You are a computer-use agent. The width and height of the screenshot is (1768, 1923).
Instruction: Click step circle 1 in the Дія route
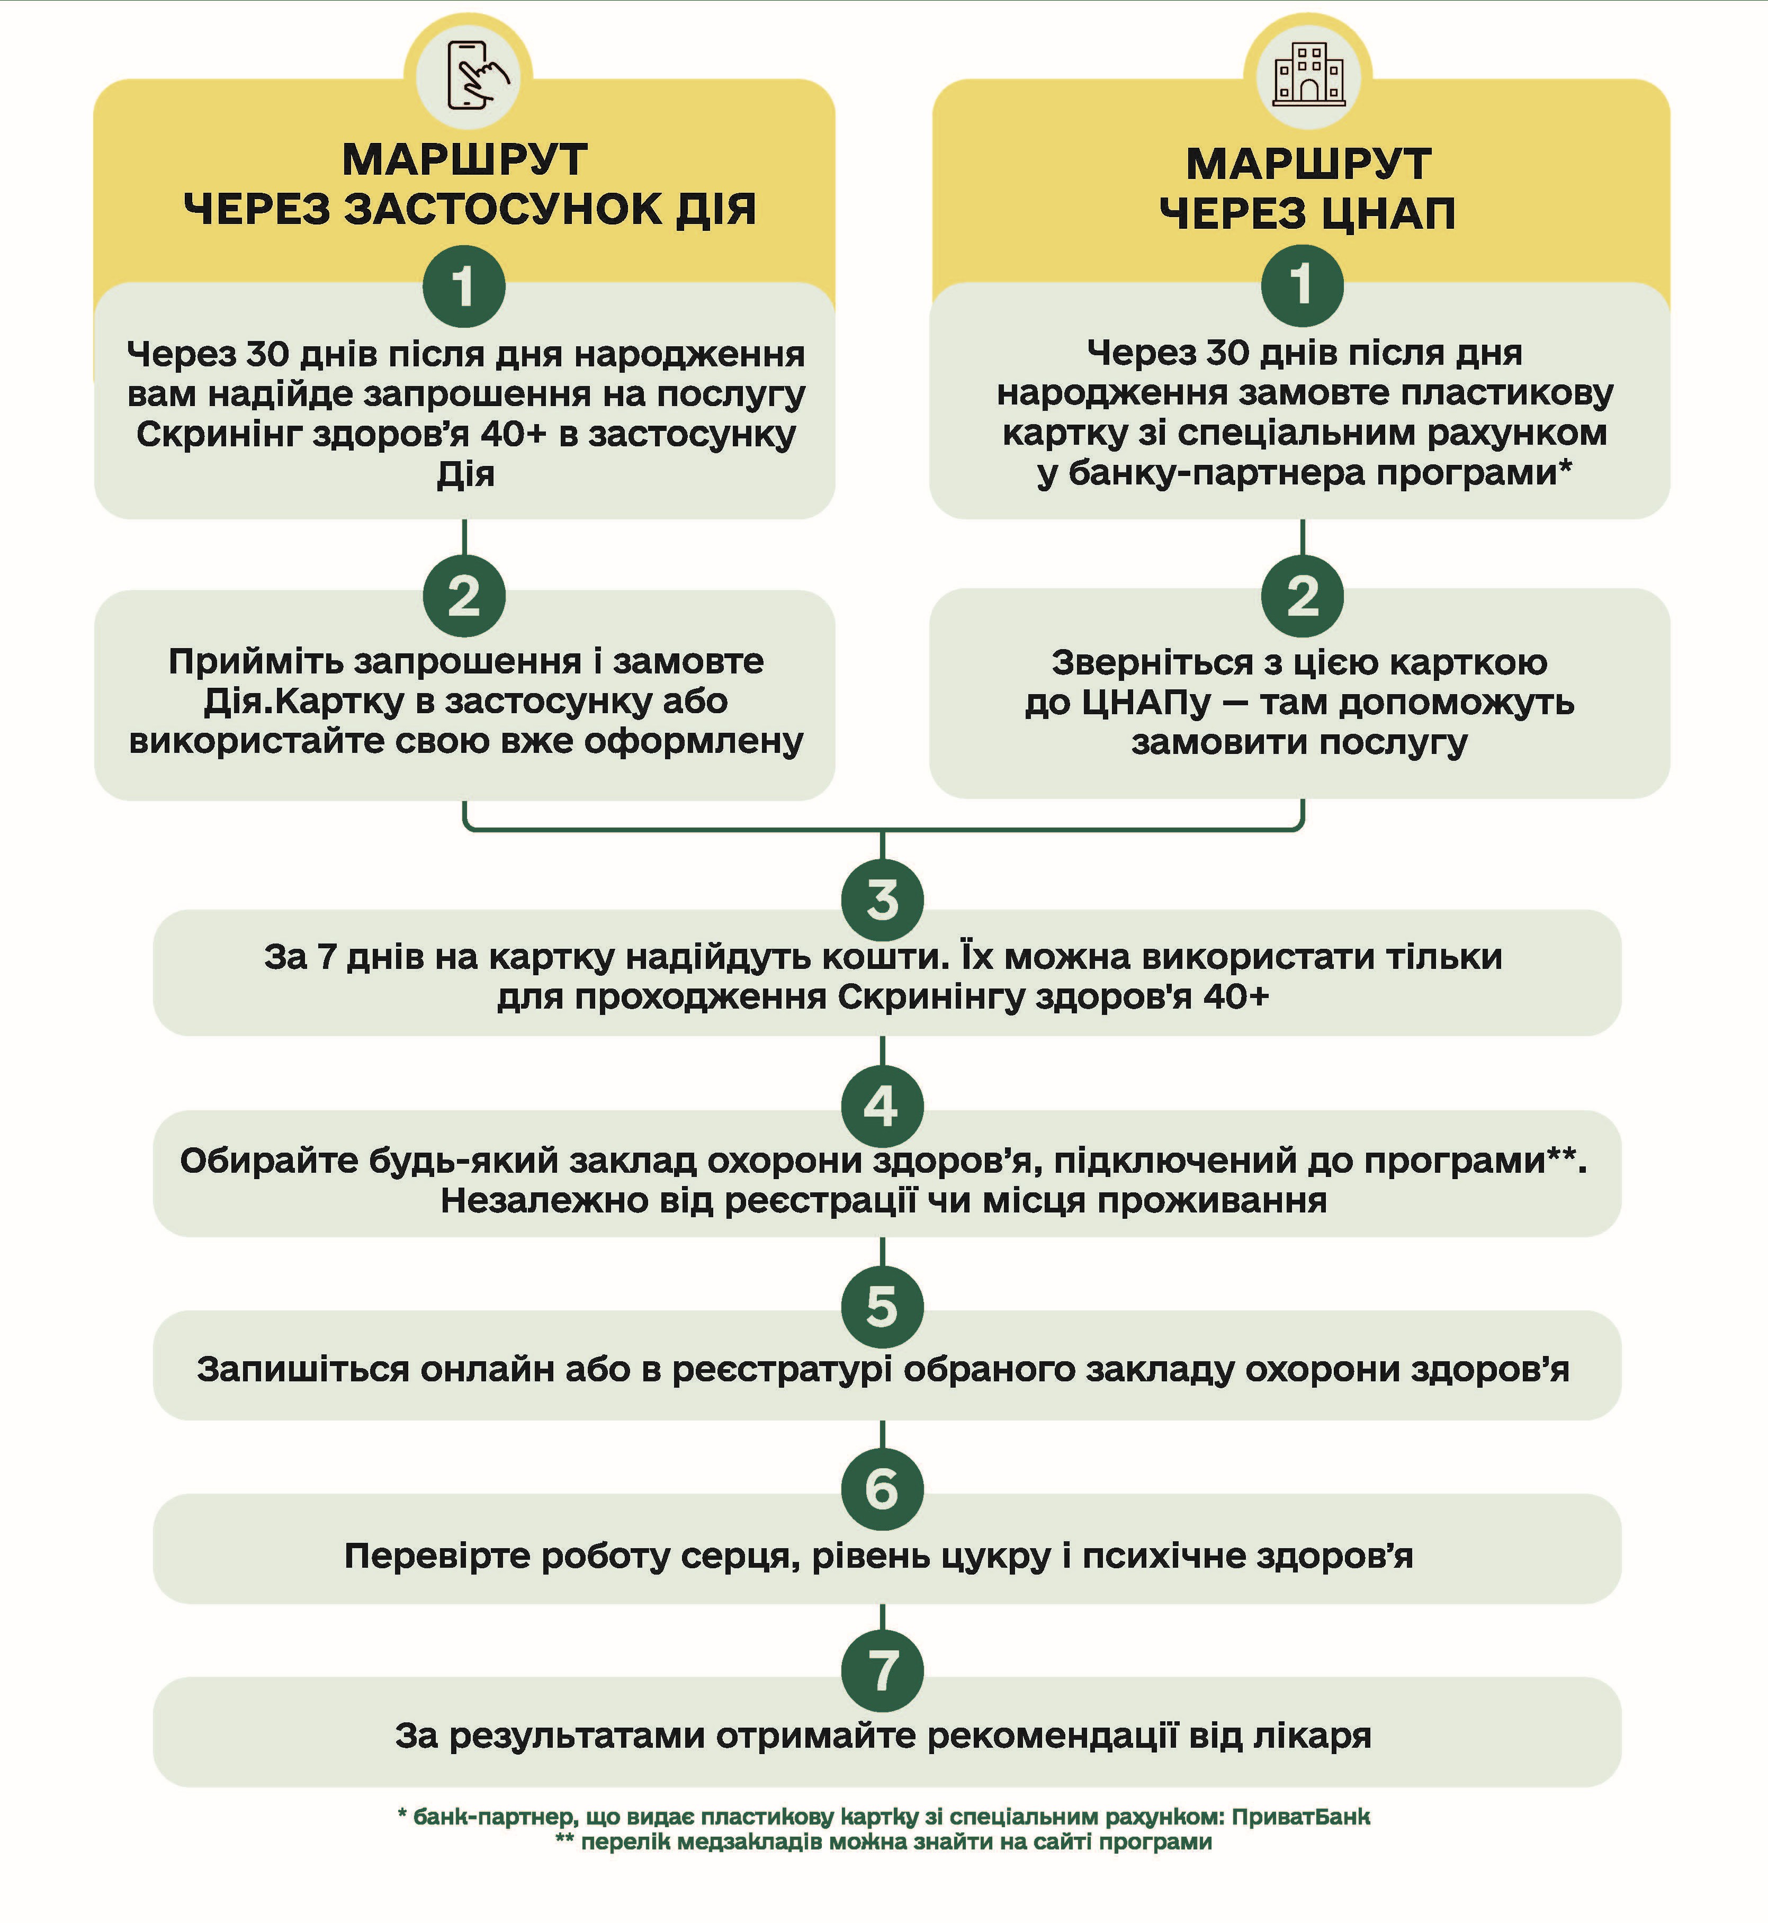[464, 286]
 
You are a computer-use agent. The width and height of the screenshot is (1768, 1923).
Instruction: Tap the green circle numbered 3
[882, 900]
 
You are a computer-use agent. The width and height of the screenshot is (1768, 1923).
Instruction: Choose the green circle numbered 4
[882, 1105]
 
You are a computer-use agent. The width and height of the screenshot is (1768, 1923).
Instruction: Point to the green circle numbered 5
[882, 1307]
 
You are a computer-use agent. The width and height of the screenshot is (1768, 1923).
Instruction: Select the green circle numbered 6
[882, 1489]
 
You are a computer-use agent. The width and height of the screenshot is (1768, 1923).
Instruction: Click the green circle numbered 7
[882, 1670]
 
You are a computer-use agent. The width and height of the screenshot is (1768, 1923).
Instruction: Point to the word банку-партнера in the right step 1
[1215, 473]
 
